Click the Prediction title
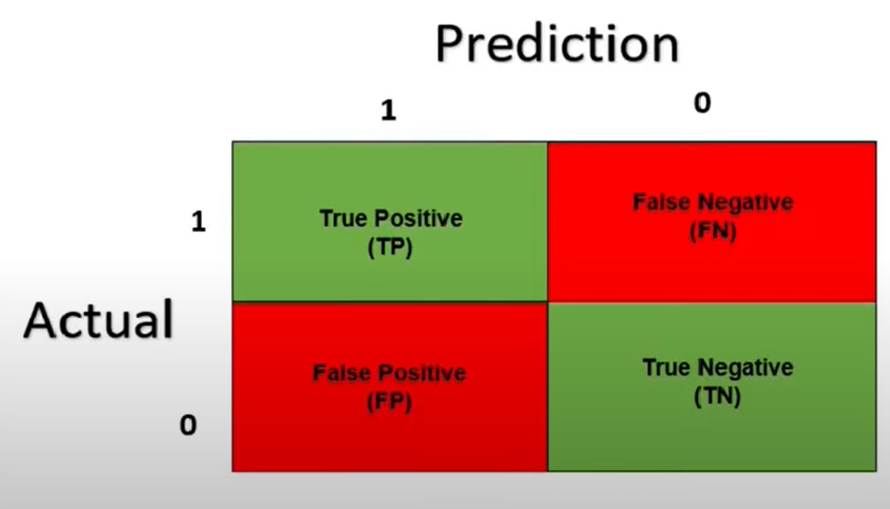click(556, 44)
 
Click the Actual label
click(98, 320)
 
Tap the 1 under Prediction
click(388, 110)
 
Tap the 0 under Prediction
click(702, 102)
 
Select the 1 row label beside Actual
click(198, 221)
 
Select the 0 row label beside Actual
click(189, 425)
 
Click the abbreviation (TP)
click(390, 247)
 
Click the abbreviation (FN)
click(713, 231)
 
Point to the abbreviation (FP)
click(389, 402)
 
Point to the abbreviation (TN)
click(718, 396)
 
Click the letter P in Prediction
click(449, 44)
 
